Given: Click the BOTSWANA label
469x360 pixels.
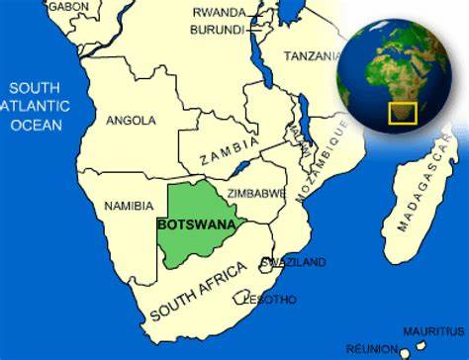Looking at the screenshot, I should [x=196, y=224].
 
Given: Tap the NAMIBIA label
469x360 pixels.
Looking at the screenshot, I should [x=129, y=206].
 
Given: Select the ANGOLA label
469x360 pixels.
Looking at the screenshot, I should [x=131, y=121].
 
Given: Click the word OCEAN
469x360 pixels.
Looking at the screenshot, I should [x=37, y=127].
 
